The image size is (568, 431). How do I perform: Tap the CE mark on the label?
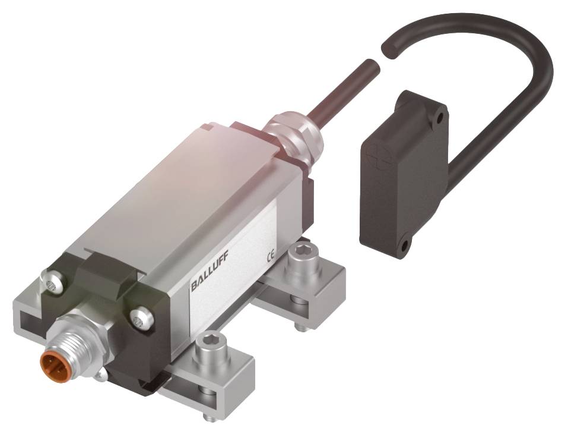coord(269,257)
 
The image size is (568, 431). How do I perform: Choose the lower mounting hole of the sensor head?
coord(404,244)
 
